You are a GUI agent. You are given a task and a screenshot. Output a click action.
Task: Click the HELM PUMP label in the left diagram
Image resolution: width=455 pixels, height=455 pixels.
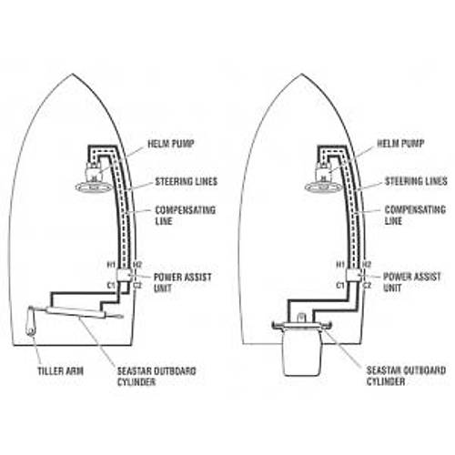point(171,144)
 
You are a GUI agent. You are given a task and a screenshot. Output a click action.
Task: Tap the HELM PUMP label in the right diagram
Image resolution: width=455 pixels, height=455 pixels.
point(400,144)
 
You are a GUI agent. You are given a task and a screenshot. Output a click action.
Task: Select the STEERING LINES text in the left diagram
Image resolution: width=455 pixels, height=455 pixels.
point(187,181)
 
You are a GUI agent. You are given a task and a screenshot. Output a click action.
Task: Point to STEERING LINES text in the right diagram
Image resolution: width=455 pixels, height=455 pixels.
point(416,181)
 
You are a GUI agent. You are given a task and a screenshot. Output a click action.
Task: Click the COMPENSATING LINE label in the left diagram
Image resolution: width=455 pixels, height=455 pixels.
point(185,216)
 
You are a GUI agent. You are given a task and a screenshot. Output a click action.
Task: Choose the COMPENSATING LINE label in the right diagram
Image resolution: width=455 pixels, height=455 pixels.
point(415,215)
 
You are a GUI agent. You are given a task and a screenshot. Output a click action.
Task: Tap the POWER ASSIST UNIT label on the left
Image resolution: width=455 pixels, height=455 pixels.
point(183,282)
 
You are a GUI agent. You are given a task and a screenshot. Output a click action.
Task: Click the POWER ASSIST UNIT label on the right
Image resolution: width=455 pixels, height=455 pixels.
point(412,282)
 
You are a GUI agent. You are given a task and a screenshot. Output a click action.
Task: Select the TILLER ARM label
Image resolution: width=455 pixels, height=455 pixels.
point(61,371)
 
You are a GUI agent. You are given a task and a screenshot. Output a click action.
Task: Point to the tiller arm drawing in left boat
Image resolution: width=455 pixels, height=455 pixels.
point(31,321)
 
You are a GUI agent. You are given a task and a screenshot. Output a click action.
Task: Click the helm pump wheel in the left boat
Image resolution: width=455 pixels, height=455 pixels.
point(93,187)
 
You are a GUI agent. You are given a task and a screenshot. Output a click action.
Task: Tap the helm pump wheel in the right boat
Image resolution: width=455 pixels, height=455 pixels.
point(323,187)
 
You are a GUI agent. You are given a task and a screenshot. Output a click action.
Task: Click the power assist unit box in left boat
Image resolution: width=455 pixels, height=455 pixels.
point(124,275)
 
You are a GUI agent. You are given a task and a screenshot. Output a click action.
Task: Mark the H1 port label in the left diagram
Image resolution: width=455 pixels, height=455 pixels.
point(111,265)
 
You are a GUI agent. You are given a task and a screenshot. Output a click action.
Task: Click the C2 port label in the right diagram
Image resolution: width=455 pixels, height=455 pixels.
point(367,286)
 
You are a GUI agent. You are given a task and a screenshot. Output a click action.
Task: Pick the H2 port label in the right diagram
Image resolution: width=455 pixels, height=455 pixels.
point(367,265)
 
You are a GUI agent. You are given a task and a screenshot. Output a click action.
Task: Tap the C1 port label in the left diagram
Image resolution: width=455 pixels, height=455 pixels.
point(111,286)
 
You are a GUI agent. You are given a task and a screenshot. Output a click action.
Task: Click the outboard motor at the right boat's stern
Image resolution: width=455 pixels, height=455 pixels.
point(301,349)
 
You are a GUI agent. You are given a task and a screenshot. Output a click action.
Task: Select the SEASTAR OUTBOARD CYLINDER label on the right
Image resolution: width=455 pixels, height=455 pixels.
point(406,376)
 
